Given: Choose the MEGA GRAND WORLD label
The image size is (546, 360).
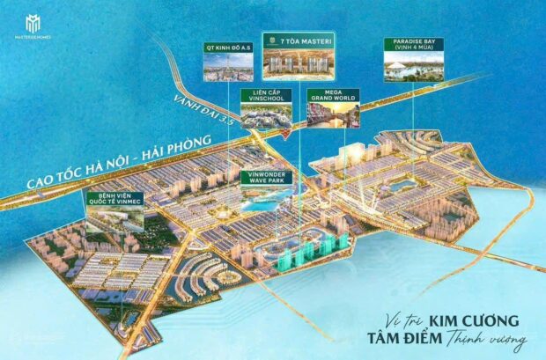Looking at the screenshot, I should (x=330, y=97).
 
